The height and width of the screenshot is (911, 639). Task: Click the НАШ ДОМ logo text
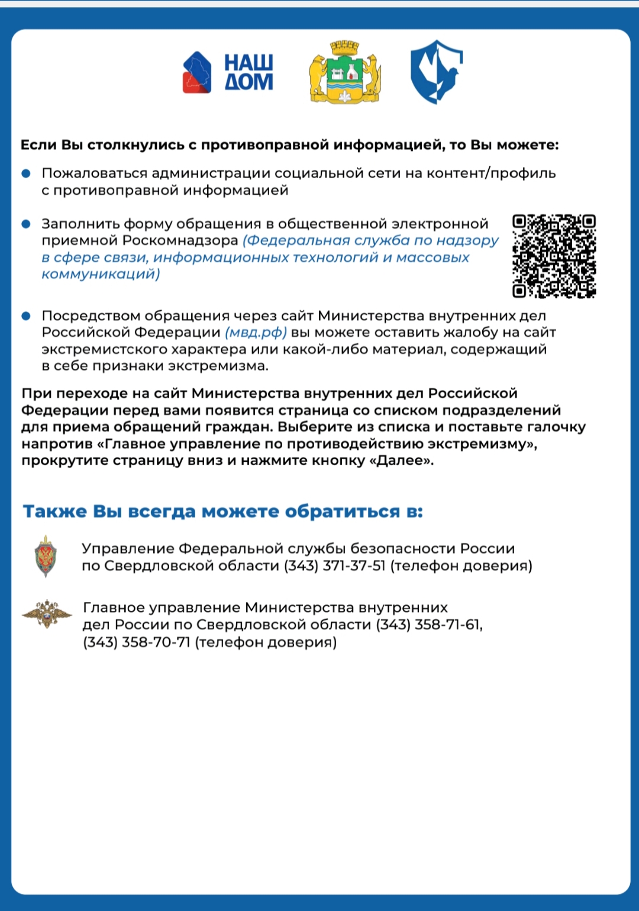point(248,73)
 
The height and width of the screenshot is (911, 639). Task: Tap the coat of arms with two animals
point(344,72)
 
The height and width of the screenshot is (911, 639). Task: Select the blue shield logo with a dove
point(436,72)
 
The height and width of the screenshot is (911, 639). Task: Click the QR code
point(554,256)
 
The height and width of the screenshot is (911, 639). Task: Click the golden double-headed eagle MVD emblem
point(47,614)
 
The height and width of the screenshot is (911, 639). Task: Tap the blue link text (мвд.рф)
point(256,332)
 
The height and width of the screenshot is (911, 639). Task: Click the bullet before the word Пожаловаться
point(26,173)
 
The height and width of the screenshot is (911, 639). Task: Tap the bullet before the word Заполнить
point(26,224)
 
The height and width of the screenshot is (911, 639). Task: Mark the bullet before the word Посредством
point(26,316)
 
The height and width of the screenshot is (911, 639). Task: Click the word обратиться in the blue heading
point(343,511)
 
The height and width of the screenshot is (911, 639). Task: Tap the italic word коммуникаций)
point(101,274)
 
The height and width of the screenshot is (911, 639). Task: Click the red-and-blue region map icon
point(197,73)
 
